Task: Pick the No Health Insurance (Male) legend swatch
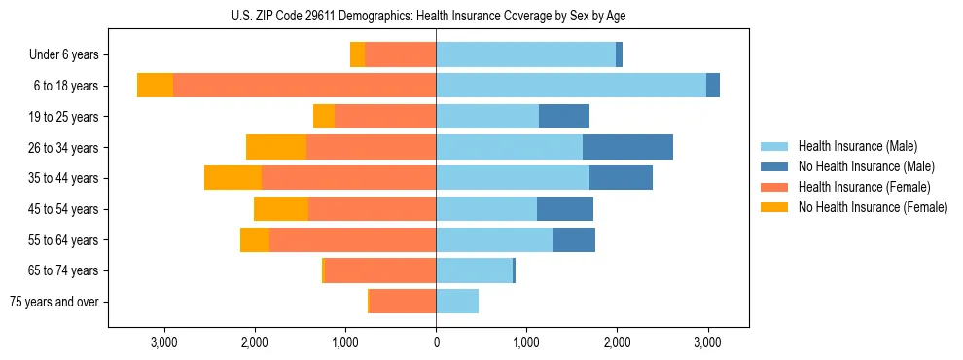(x=774, y=166)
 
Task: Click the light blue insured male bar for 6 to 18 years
(x=570, y=86)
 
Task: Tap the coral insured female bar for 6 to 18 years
(x=303, y=86)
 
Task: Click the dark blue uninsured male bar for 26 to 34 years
(x=627, y=147)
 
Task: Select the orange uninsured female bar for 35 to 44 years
(x=232, y=178)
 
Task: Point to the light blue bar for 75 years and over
(x=457, y=302)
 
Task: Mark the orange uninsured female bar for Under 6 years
(x=357, y=54)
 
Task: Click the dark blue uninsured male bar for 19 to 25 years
(x=564, y=117)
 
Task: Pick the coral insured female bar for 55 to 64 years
(x=352, y=239)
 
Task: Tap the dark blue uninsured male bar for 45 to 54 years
(x=565, y=209)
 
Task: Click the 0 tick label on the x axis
(x=436, y=342)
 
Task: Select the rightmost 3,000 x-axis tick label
(x=707, y=342)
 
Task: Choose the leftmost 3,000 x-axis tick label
(x=163, y=342)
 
